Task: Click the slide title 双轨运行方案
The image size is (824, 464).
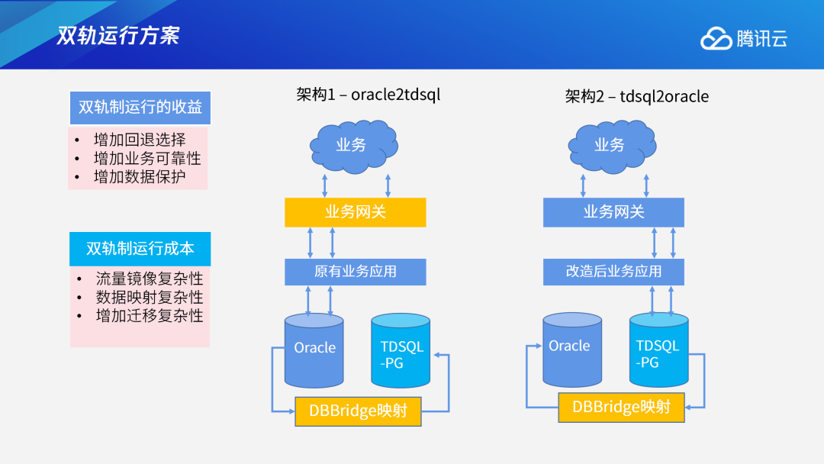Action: [118, 35]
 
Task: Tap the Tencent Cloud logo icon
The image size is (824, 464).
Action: [716, 38]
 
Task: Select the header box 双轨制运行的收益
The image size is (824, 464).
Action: [140, 108]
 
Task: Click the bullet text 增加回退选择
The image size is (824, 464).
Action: [140, 140]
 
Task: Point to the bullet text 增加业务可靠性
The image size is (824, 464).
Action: [147, 159]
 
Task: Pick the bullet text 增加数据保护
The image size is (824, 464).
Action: [140, 178]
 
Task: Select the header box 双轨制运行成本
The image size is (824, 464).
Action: [140, 249]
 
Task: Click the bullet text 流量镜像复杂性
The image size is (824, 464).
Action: [150, 279]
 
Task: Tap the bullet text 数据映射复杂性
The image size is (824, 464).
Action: [150, 297]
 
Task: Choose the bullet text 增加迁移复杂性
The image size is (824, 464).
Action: [150, 315]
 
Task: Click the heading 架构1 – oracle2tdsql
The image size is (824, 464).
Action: [368, 95]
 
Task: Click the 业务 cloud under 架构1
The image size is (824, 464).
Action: [352, 145]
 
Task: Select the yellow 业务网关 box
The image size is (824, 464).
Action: [356, 212]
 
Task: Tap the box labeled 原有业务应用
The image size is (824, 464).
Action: [356, 272]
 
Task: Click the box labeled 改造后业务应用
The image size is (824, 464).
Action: [613, 272]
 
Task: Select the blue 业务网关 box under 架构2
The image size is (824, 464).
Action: [613, 212]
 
